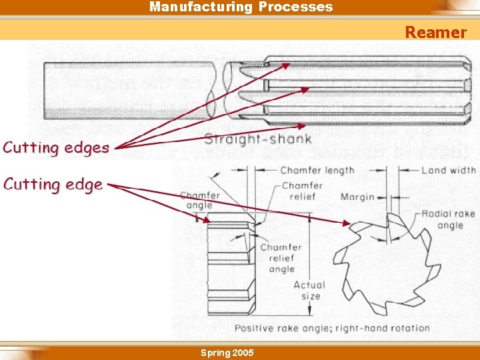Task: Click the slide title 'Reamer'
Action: point(435,32)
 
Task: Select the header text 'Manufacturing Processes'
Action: point(241,7)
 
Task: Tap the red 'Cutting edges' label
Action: point(56,147)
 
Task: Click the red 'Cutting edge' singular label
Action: point(53,184)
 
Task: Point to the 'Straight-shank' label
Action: point(257,139)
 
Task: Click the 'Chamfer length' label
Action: point(317,171)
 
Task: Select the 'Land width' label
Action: point(448,171)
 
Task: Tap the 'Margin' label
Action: point(357,197)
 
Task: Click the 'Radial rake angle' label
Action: point(447,219)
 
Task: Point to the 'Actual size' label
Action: point(310,291)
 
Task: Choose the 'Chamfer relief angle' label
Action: point(281,258)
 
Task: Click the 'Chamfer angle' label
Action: point(199,200)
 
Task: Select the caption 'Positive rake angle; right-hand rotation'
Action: point(331,328)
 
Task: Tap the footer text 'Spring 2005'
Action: point(227,352)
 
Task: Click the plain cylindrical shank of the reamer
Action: point(127,90)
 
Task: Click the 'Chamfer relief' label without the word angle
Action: point(302,191)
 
